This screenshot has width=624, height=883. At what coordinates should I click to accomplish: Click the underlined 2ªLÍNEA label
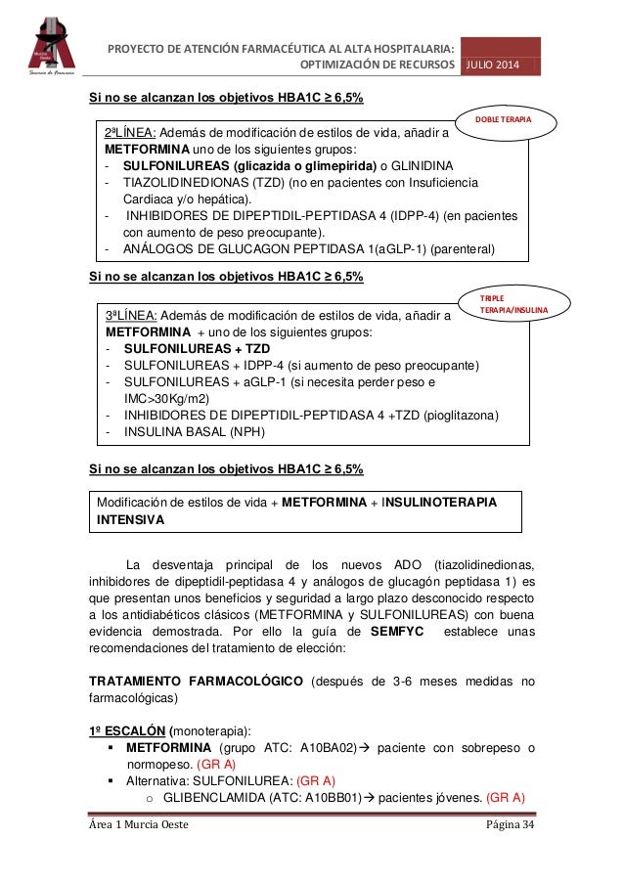click(x=130, y=133)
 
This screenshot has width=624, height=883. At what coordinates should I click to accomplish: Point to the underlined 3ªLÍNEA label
click(x=130, y=316)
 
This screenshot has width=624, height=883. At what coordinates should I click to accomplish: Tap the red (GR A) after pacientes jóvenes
click(x=505, y=796)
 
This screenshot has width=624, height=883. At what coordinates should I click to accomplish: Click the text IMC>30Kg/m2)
click(x=172, y=399)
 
